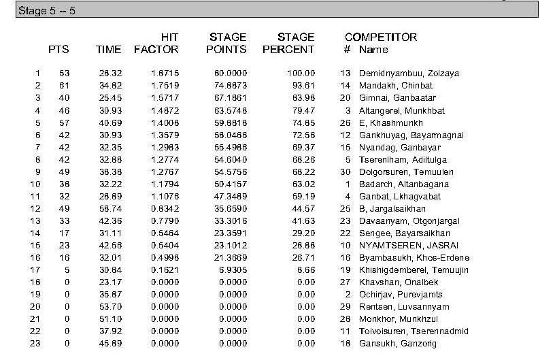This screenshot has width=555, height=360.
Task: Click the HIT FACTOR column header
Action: click(x=156, y=43)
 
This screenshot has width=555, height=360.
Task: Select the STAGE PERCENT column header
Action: click(x=288, y=43)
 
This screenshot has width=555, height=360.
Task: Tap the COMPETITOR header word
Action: click(x=381, y=37)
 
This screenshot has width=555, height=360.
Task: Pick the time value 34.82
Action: click(x=110, y=86)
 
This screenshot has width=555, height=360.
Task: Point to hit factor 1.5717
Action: click(x=165, y=98)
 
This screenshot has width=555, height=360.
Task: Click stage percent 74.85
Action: click(x=304, y=122)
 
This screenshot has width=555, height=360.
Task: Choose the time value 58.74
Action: click(x=110, y=209)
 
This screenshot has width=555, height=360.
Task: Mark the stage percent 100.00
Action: click(x=301, y=73)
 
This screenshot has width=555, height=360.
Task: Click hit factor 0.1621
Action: click(x=165, y=270)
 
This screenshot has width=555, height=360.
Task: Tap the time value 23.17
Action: click(x=110, y=282)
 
